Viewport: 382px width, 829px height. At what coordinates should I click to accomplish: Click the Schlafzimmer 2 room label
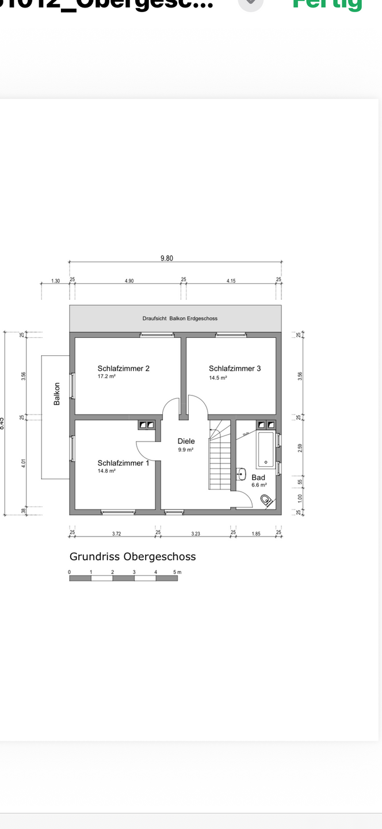tap(123, 368)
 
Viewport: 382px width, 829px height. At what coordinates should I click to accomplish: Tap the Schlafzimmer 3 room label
tap(235, 368)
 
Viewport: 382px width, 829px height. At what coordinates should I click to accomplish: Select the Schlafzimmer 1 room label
tap(123, 463)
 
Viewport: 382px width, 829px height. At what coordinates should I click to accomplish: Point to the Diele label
tap(186, 441)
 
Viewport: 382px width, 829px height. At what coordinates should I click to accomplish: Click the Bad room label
tap(258, 477)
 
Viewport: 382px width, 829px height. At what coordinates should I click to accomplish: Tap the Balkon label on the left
tap(57, 394)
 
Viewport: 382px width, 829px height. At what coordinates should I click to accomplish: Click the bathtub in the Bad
tap(266, 449)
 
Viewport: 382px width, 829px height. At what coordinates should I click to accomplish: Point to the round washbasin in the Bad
tap(242, 474)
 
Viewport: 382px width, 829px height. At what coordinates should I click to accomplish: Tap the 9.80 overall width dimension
tap(166, 258)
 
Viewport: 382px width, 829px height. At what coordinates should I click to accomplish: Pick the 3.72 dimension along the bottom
tap(117, 534)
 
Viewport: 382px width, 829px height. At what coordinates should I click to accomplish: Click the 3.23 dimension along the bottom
tap(195, 534)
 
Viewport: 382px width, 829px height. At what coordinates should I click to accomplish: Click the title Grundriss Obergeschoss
tap(132, 557)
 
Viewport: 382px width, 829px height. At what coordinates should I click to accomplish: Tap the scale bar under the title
tap(123, 578)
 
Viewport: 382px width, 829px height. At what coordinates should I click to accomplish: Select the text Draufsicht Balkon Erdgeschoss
tap(180, 318)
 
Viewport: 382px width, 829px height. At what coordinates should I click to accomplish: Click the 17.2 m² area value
tap(106, 377)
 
